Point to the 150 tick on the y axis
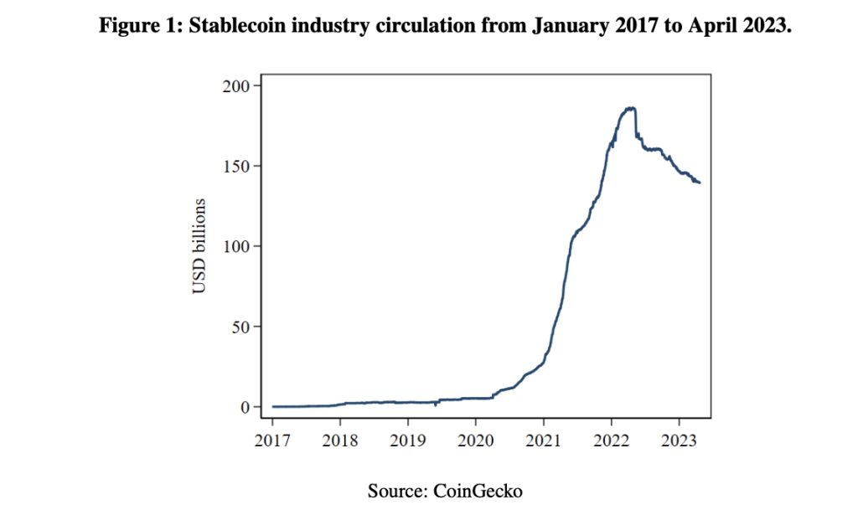[x=239, y=167]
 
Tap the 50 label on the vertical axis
[x=242, y=327]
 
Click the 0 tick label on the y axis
[x=246, y=407]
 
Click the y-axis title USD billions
[x=199, y=246]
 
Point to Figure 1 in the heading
[x=137, y=26]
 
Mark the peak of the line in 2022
[x=629, y=108]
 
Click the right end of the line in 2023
[x=700, y=183]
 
